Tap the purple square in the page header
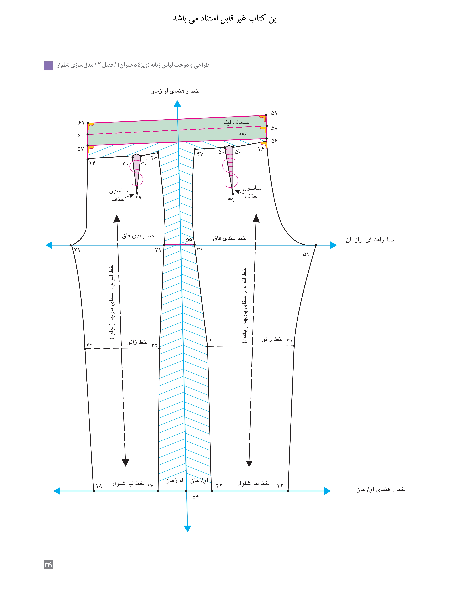tap(48, 66)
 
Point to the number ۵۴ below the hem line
tap(195, 497)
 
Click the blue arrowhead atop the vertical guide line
tap(177, 104)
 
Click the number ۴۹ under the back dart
tap(231, 200)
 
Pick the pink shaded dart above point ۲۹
tap(137, 169)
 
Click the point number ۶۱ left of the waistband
tap(81, 123)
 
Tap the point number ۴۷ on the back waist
tap(200, 154)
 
